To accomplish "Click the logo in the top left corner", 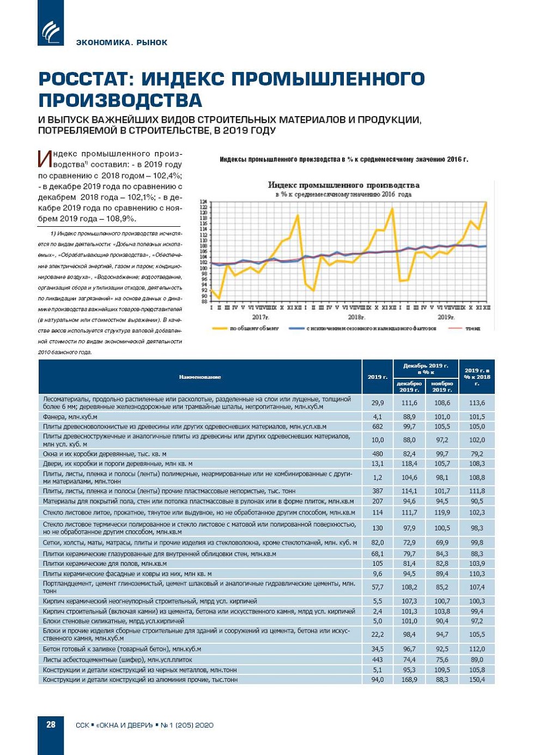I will pyautogui.click(x=51, y=31).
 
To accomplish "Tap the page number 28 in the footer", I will pyautogui.click(x=51, y=724).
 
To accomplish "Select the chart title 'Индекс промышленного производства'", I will pyautogui.click(x=343, y=185).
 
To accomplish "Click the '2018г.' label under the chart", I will pyautogui.click(x=356, y=317).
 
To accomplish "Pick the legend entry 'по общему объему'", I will pyautogui.click(x=253, y=328).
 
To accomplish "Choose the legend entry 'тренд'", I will pyautogui.click(x=472, y=328).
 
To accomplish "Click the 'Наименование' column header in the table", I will pyautogui.click(x=199, y=377).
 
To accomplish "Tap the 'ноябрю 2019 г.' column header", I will pyautogui.click(x=442, y=386).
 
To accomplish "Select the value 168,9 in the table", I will pyautogui.click(x=409, y=680).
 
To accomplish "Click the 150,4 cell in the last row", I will pyautogui.click(x=477, y=680).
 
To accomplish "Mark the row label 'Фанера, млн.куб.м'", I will pyautogui.click(x=70, y=416).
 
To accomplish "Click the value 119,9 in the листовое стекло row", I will pyautogui.click(x=442, y=512).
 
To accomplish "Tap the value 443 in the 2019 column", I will pyautogui.click(x=377, y=660).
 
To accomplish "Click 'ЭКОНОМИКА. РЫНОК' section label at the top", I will pyautogui.click(x=122, y=43).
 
